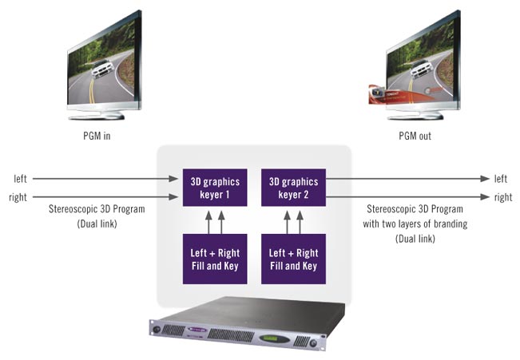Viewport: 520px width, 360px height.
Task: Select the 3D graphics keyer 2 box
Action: pos(293,186)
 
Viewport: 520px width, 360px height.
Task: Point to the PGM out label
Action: pos(415,136)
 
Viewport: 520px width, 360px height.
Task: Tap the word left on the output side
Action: pos(501,179)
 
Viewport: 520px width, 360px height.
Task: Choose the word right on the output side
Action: pos(503,196)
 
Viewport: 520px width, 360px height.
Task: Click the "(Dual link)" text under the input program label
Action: pos(95,224)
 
